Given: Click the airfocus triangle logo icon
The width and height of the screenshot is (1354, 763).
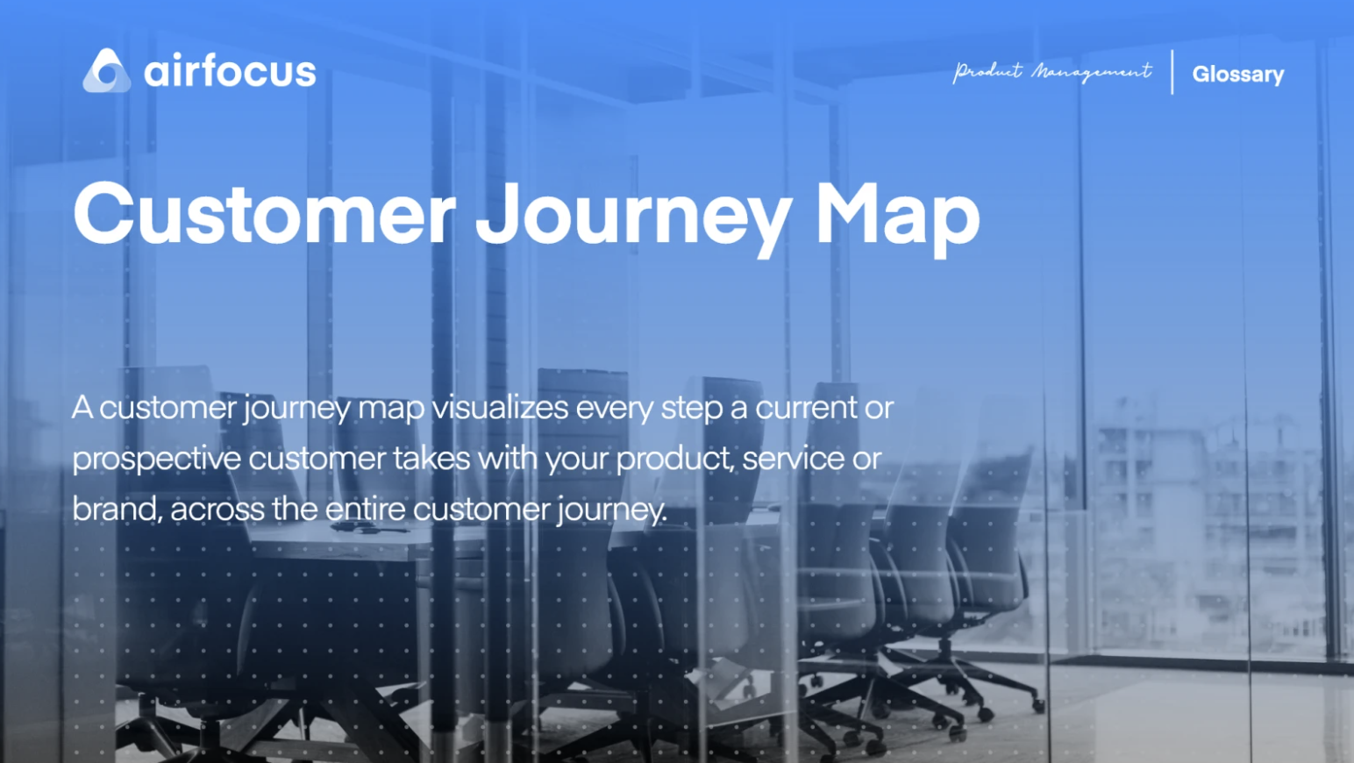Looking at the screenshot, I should (x=107, y=71).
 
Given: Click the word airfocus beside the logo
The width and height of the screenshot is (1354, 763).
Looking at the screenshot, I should (x=230, y=71).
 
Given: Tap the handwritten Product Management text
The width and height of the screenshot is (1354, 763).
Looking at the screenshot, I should (x=1052, y=72).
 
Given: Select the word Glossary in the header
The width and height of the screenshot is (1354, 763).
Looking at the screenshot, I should (x=1237, y=75).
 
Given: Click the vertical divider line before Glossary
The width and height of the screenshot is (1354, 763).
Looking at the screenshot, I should (x=1172, y=72).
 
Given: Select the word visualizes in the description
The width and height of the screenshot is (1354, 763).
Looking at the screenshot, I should (x=500, y=408).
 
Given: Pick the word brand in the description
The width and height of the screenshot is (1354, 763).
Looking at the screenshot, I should (x=116, y=509).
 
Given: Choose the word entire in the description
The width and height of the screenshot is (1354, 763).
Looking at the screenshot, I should (x=365, y=509).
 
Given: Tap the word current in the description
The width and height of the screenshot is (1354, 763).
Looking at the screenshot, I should (x=806, y=408).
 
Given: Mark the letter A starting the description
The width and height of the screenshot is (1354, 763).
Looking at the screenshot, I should (x=82, y=408).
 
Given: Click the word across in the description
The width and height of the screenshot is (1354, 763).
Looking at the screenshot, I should (x=217, y=509).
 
